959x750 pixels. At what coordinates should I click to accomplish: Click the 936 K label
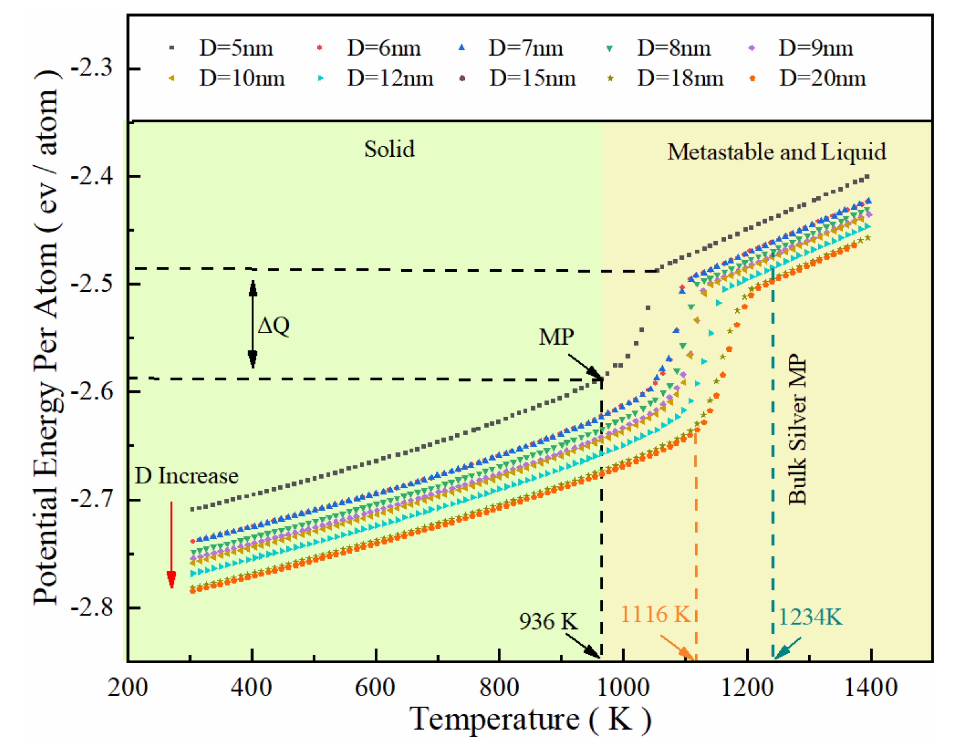(548, 621)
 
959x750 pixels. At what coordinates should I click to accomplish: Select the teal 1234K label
(810, 617)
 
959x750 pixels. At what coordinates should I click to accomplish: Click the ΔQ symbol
(274, 325)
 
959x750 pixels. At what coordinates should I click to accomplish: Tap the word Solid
(389, 149)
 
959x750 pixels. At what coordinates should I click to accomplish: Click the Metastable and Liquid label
(776, 152)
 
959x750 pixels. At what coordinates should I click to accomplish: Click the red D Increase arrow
(171, 544)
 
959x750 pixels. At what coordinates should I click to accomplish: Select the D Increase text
(187, 476)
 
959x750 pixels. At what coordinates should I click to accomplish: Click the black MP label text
(556, 337)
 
